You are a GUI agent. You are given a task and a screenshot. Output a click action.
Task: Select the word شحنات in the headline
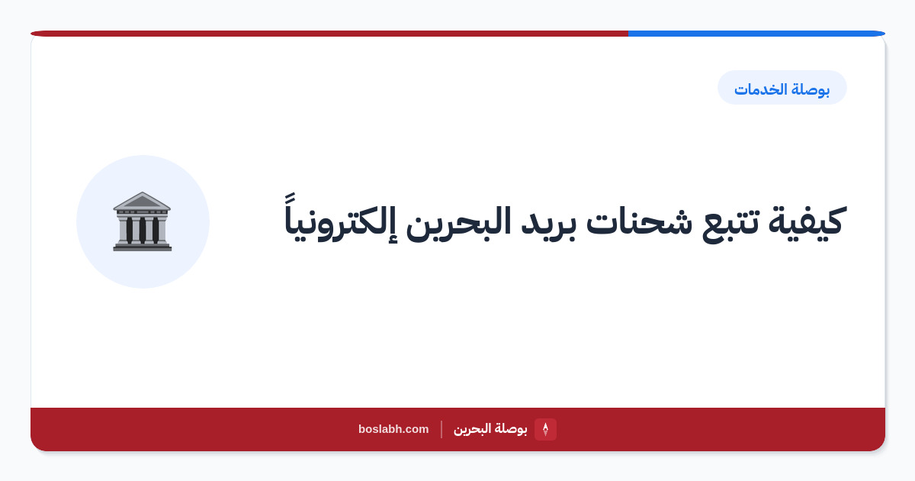coord(639,220)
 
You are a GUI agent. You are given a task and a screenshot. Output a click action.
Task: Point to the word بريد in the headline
coord(547,225)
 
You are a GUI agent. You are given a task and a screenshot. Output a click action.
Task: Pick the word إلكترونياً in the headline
coord(340,219)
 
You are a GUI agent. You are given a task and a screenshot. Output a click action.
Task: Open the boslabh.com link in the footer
coord(393,429)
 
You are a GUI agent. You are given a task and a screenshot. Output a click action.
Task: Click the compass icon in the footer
coord(545,429)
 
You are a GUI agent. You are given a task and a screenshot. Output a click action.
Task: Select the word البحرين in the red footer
coord(472,429)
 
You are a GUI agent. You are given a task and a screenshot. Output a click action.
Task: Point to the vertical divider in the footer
coord(441,429)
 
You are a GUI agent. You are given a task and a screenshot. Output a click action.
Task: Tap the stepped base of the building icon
coord(143,247)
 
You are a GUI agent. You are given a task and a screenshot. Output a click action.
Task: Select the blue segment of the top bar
coord(756,34)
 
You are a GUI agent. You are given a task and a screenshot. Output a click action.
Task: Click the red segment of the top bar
coord(329,34)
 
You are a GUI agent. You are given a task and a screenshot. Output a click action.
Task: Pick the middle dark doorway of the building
coord(142,231)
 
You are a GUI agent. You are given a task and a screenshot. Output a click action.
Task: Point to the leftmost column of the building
coord(123,231)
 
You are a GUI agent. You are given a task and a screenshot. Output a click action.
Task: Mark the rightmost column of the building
coord(162,231)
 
